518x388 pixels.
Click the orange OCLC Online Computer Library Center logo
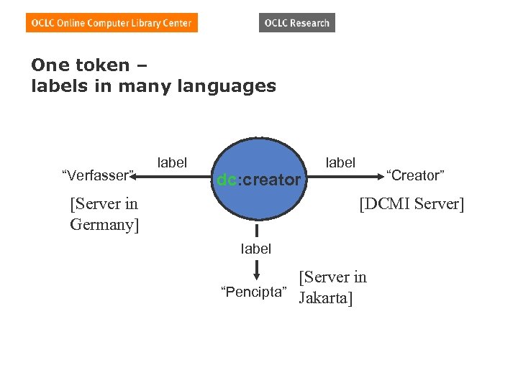pos(112,23)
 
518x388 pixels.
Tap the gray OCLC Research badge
pos(296,23)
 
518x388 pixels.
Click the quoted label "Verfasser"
pos(99,175)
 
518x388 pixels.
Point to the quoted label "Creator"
pos(416,175)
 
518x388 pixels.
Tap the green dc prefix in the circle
pos(225,180)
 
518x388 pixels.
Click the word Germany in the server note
pos(105,225)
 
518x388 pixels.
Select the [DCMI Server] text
pos(412,204)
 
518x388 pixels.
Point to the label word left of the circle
pos(172,162)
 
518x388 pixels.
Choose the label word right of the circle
pos(340,162)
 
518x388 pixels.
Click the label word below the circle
pos(256,249)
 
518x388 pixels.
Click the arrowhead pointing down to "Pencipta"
pos(256,277)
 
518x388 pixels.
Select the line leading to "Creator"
pos(353,175)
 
